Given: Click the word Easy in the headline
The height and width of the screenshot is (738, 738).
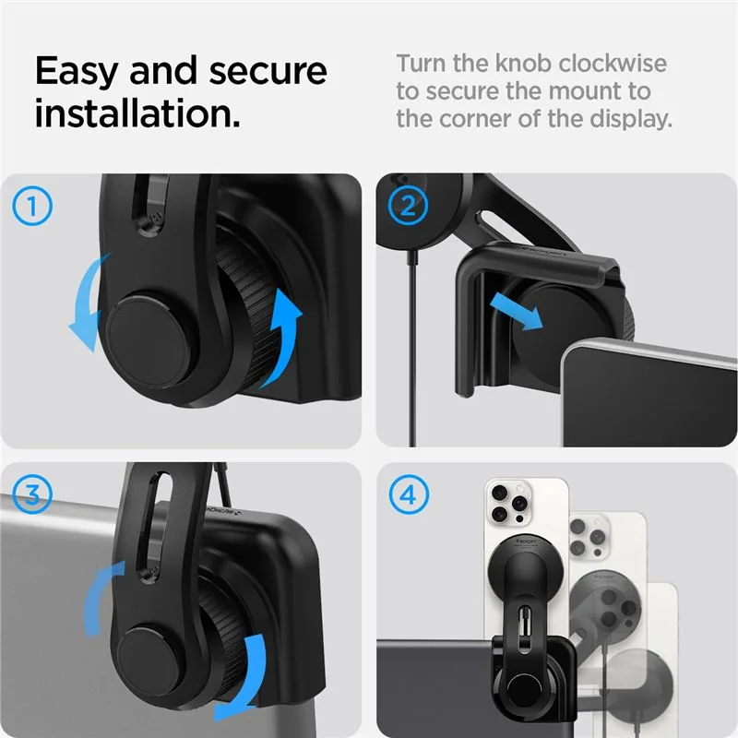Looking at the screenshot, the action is pyautogui.click(x=77, y=71).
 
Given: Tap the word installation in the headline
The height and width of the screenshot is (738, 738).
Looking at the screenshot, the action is pyautogui.click(x=137, y=113).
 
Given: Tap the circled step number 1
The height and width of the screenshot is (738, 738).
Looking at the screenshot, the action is pyautogui.click(x=32, y=206).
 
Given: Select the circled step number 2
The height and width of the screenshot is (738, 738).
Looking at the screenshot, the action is pyautogui.click(x=408, y=206).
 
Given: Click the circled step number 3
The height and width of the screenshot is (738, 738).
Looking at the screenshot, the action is pyautogui.click(x=32, y=494).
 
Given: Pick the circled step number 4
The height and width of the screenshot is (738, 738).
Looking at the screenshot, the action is pyautogui.click(x=409, y=494).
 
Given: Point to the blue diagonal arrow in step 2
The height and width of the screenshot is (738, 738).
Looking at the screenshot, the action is pyautogui.click(x=517, y=311).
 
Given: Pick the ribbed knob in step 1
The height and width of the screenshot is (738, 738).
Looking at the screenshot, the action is pyautogui.click(x=249, y=306).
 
